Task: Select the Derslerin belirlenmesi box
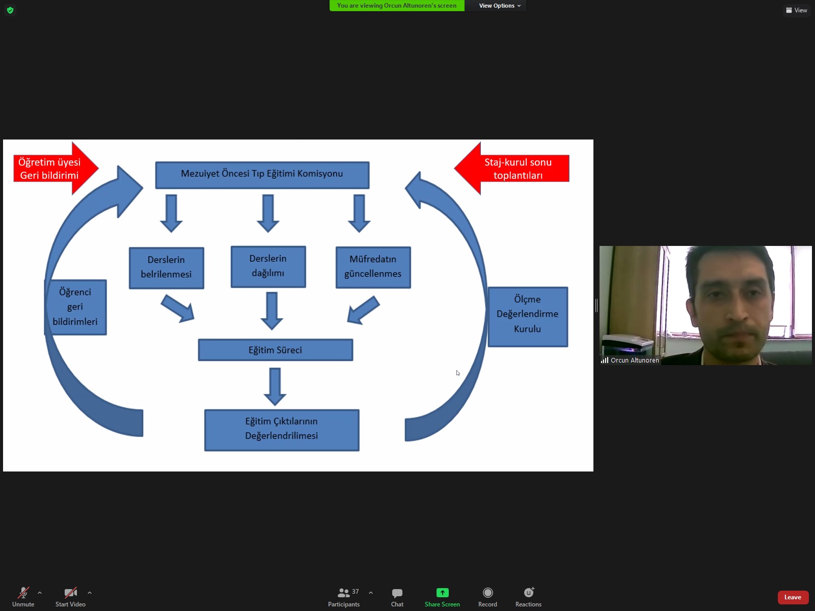(x=166, y=268)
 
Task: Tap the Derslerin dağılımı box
(x=268, y=266)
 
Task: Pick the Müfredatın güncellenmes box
(x=373, y=267)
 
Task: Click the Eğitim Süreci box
(x=275, y=350)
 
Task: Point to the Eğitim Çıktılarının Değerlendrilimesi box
(x=281, y=429)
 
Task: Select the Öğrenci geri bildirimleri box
(x=75, y=307)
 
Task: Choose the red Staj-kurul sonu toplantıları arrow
(x=514, y=169)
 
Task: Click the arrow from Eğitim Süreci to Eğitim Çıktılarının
(x=275, y=385)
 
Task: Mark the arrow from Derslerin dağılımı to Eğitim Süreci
(x=271, y=310)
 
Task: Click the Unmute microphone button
(x=23, y=596)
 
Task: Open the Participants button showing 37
(x=344, y=596)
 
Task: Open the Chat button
(x=397, y=596)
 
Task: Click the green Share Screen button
(x=442, y=596)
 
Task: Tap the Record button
(x=487, y=596)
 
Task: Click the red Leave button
(x=793, y=597)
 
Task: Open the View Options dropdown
(x=500, y=6)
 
